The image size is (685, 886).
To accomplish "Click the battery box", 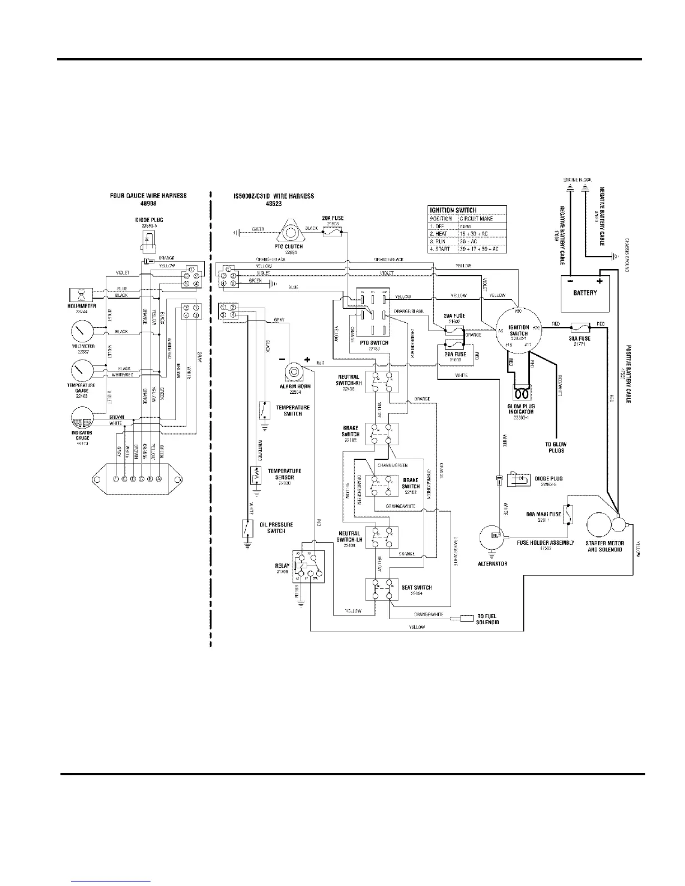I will pyautogui.click(x=585, y=293).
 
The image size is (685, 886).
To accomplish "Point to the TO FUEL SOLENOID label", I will pyautogui.click(x=488, y=619).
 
